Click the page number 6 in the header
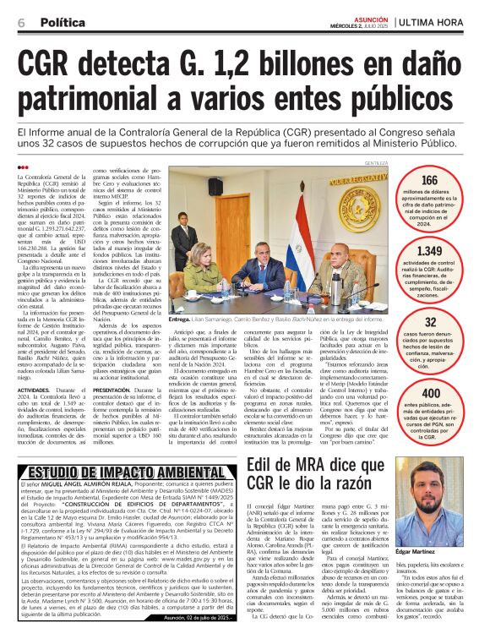(20, 23)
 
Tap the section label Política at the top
(63, 23)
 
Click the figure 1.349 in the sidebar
(430, 251)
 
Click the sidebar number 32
(430, 322)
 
